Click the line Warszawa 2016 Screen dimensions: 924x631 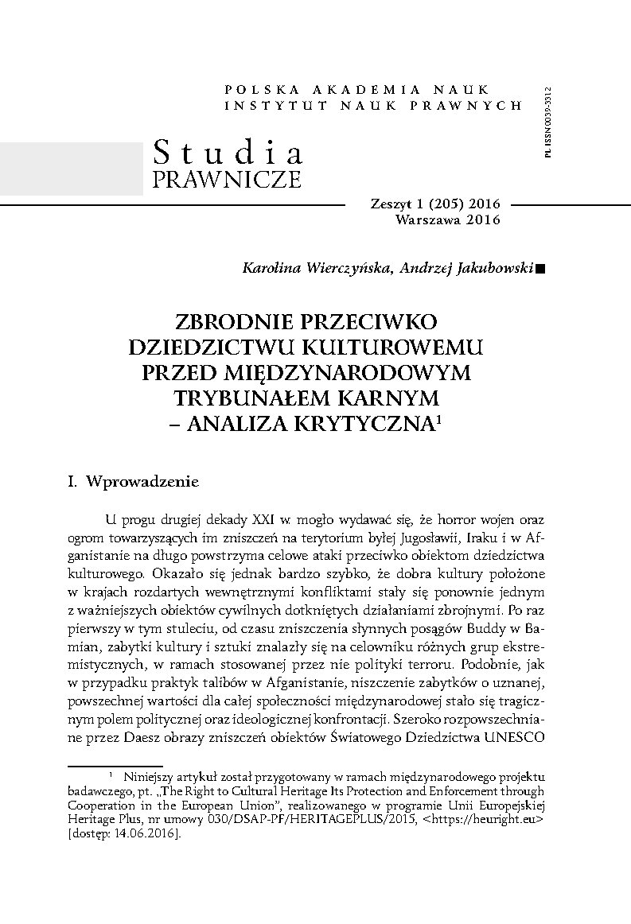click(447, 219)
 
